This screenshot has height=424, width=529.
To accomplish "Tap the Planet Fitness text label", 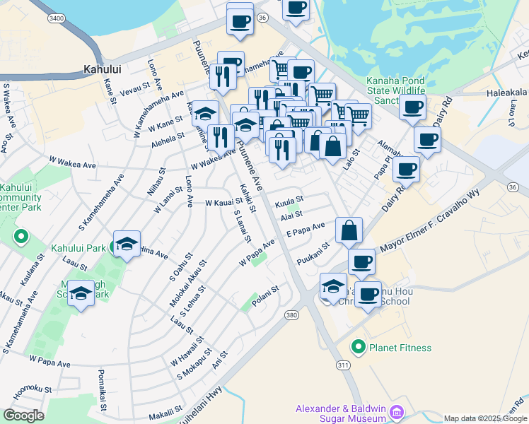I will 400,347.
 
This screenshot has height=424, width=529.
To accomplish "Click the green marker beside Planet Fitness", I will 359,347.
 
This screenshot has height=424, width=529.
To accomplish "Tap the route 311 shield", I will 344,365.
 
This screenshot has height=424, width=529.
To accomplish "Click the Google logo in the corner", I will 23,416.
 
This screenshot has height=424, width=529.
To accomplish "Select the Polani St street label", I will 266,289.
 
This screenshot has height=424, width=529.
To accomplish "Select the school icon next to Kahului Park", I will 127,245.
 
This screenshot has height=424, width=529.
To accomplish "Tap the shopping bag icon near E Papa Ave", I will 349,230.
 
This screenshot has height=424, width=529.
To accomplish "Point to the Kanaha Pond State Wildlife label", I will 396,86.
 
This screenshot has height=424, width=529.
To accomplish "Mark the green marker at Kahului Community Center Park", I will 21,236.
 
